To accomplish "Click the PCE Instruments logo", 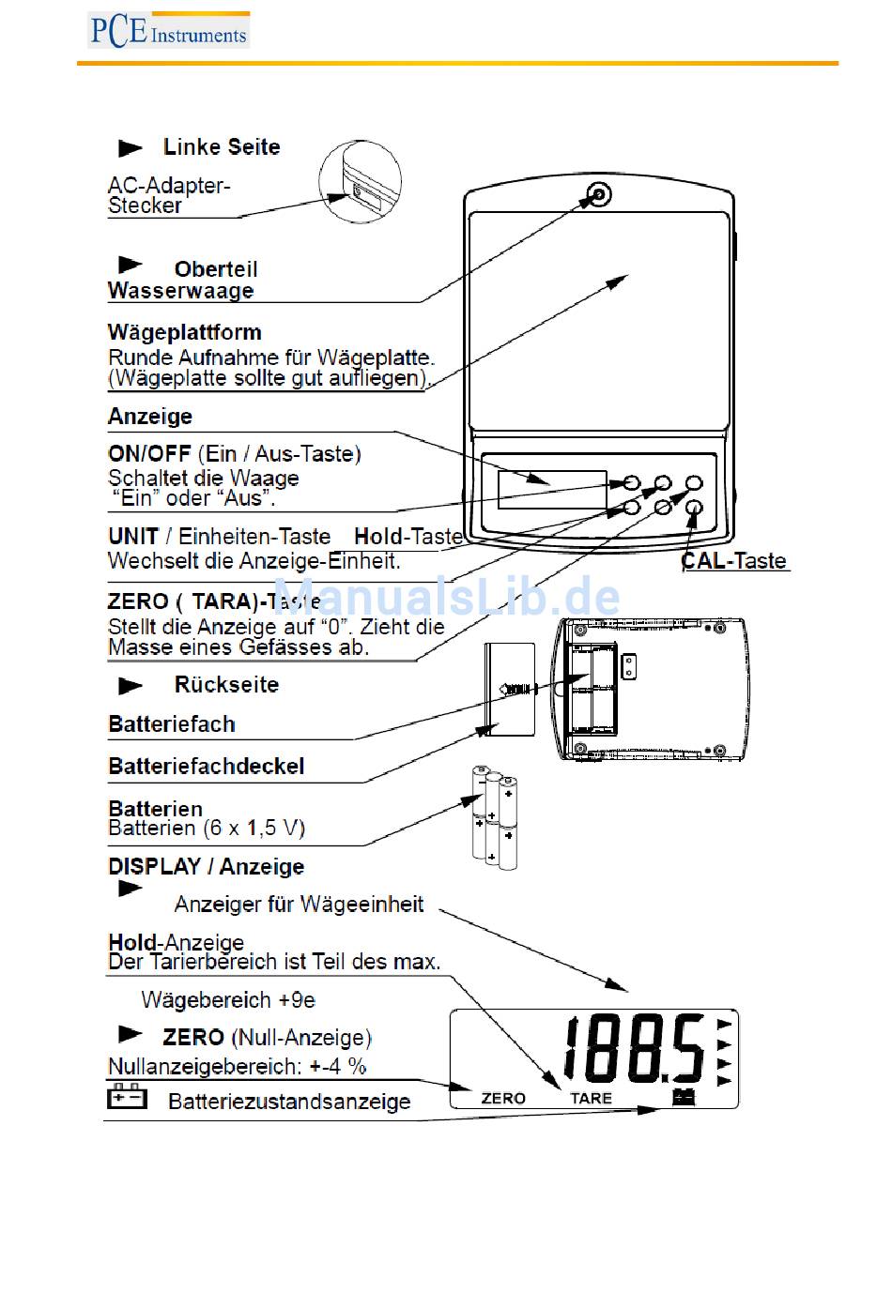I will pyautogui.click(x=168, y=31).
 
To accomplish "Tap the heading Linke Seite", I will pyautogui.click(x=221, y=147).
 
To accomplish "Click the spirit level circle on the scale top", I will pyautogui.click(x=598, y=195).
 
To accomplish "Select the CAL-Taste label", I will pyautogui.click(x=734, y=561).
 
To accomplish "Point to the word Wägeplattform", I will pyautogui.click(x=185, y=332).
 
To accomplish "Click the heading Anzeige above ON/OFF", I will pyautogui.click(x=150, y=416).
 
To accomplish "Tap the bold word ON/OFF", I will pyautogui.click(x=149, y=454).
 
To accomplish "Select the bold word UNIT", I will pyautogui.click(x=133, y=537).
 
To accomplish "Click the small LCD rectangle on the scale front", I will pyautogui.click(x=552, y=490).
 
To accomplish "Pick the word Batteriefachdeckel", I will pyautogui.click(x=207, y=767).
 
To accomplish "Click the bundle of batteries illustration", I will pyautogui.click(x=494, y=816).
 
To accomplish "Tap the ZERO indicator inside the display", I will pyautogui.click(x=503, y=1098).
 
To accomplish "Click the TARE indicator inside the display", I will pyautogui.click(x=591, y=1098).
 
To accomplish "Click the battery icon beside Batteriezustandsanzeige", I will pyautogui.click(x=127, y=1097).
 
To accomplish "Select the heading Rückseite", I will pyautogui.click(x=226, y=685).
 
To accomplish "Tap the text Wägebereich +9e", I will pyautogui.click(x=228, y=1000).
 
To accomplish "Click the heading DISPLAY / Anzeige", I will pyautogui.click(x=207, y=867).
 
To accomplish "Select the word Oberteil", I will pyautogui.click(x=216, y=269).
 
